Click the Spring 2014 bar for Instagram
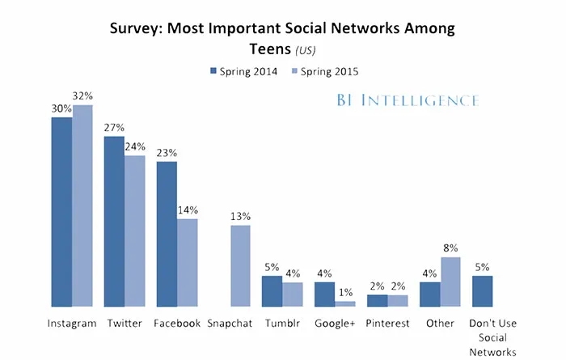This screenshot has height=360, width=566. [61, 212]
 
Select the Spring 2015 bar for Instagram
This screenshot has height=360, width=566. [82, 206]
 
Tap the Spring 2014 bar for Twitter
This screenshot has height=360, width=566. [114, 222]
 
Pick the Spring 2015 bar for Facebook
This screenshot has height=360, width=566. [188, 263]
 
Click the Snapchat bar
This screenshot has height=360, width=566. [240, 266]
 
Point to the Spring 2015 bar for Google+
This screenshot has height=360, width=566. [345, 303]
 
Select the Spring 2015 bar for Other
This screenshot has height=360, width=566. [450, 282]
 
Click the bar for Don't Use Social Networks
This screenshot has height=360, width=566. [482, 291]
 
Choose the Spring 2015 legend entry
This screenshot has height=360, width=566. [323, 71]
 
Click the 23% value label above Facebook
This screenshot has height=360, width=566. [167, 153]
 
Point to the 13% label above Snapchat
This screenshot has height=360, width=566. [240, 216]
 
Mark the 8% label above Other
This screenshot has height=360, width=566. [450, 248]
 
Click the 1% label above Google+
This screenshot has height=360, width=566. [345, 292]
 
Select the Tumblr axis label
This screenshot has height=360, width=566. [282, 323]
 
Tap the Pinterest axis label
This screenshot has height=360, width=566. [386, 323]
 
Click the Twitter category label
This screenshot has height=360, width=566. [125, 323]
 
